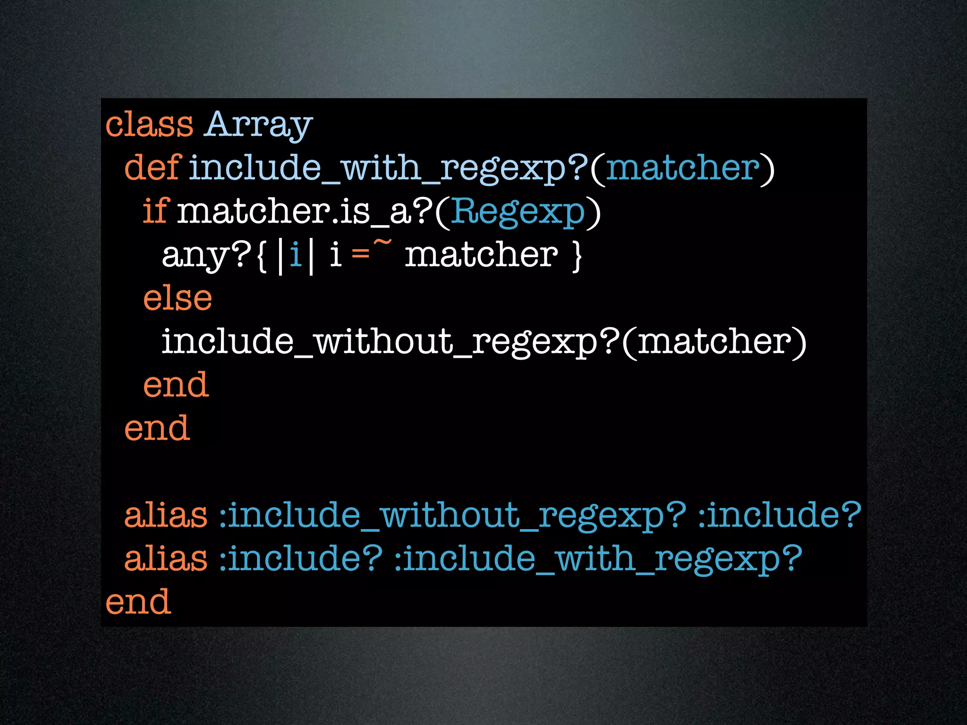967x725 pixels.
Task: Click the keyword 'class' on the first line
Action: pyautogui.click(x=149, y=125)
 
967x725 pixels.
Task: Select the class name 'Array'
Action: pyautogui.click(x=259, y=125)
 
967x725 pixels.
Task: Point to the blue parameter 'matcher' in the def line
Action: pyautogui.click(x=683, y=169)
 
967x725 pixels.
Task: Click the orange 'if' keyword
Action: pyautogui.click(x=155, y=211)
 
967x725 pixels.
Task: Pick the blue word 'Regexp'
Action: pyautogui.click(x=518, y=211)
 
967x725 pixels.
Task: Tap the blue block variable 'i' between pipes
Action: pyautogui.click(x=296, y=255)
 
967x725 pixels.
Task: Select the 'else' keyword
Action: pyautogui.click(x=178, y=298)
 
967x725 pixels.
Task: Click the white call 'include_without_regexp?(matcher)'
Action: pyautogui.click(x=484, y=342)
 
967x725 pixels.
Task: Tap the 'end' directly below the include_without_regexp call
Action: pyautogui.click(x=176, y=385)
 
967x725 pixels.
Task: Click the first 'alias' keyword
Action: pyautogui.click(x=165, y=515)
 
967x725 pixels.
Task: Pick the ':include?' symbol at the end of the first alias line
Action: pyautogui.click(x=780, y=515)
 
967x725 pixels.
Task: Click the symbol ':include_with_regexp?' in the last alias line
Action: pyautogui.click(x=598, y=559)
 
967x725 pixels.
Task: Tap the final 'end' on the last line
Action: pyautogui.click(x=138, y=602)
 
